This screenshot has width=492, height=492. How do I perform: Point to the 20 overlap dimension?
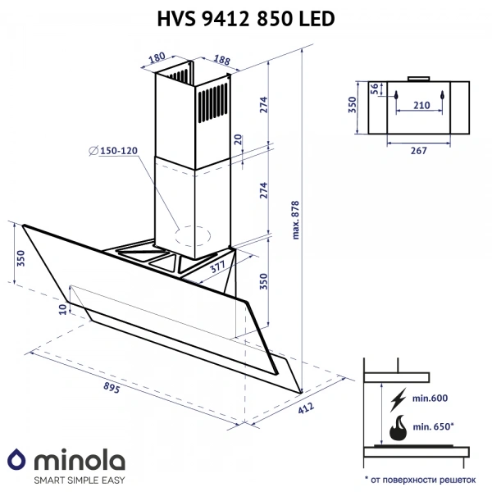point(238,141)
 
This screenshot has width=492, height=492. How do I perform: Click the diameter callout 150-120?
point(116,150)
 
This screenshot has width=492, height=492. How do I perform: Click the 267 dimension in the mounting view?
point(419,150)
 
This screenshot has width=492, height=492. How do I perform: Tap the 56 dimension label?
point(375,89)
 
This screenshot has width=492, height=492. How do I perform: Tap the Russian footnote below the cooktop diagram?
point(419,477)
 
